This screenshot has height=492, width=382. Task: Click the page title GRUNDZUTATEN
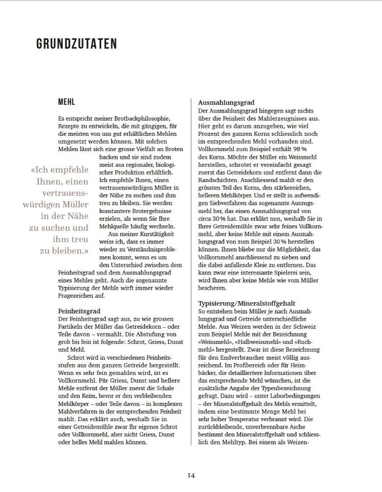(x=77, y=44)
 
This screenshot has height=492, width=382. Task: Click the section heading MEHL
(x=66, y=102)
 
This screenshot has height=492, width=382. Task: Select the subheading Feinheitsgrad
(x=79, y=311)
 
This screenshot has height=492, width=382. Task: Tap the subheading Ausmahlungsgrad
(x=226, y=102)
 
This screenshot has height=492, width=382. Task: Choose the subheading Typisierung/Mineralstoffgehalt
(x=253, y=304)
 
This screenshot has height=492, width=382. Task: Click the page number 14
(x=191, y=475)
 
